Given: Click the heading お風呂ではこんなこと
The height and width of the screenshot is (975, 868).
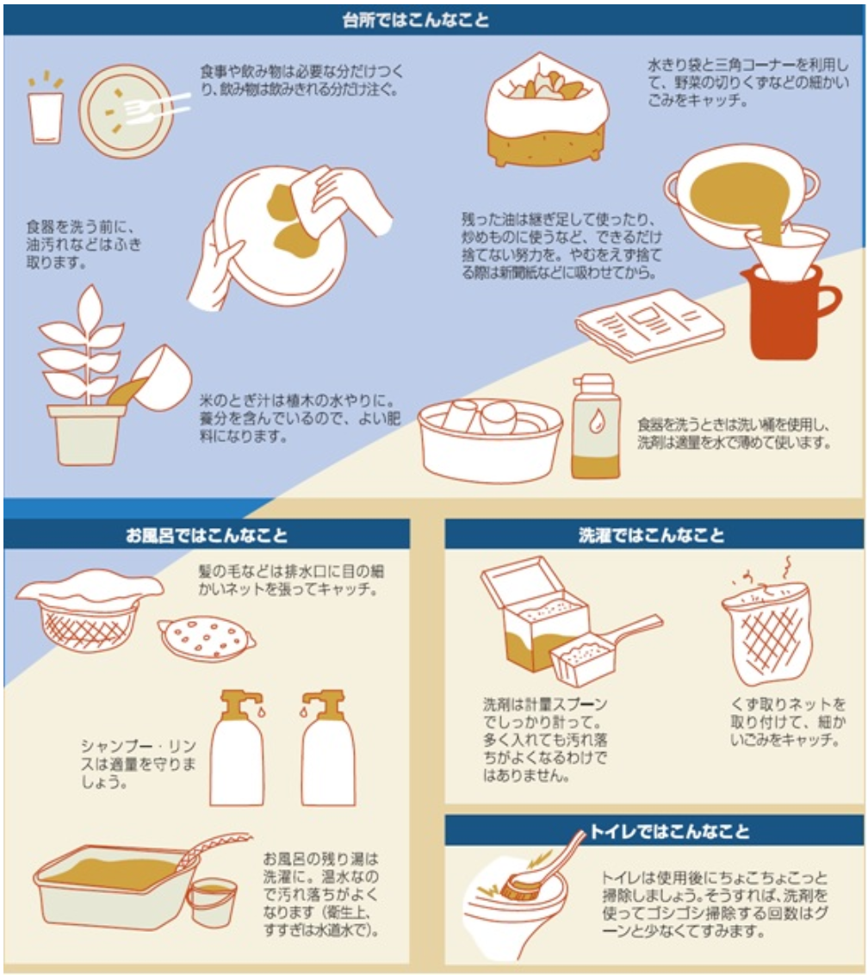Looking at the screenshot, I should [207, 534].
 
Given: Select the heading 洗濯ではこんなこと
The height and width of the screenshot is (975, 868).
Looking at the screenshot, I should [653, 534].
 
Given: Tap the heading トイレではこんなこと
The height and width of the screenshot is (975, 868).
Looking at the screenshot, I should [669, 831].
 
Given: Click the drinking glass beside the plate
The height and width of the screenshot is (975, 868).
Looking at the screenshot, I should [46, 116].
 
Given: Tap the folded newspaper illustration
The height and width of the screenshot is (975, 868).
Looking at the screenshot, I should [650, 323].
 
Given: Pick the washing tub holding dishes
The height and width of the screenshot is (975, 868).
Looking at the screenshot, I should [490, 439].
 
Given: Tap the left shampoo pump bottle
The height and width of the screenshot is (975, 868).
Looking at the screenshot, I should [237, 749].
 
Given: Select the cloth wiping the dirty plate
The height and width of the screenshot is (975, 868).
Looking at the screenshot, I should [323, 202].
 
